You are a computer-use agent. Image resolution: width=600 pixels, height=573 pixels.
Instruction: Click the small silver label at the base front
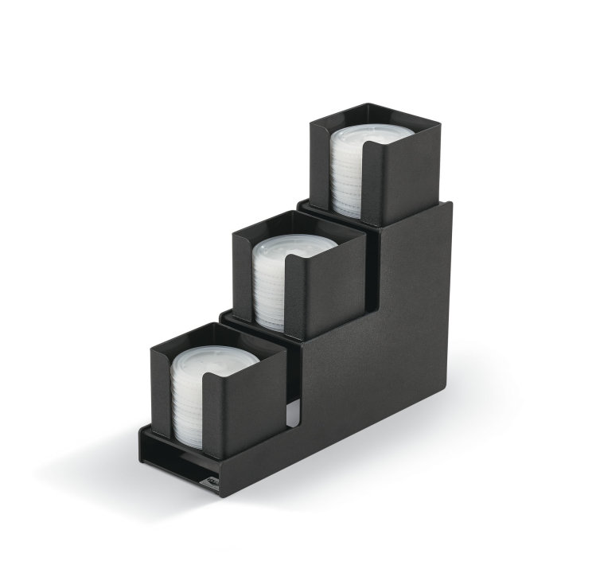[211, 479]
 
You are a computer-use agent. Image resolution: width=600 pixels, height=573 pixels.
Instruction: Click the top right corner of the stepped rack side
[450, 205]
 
